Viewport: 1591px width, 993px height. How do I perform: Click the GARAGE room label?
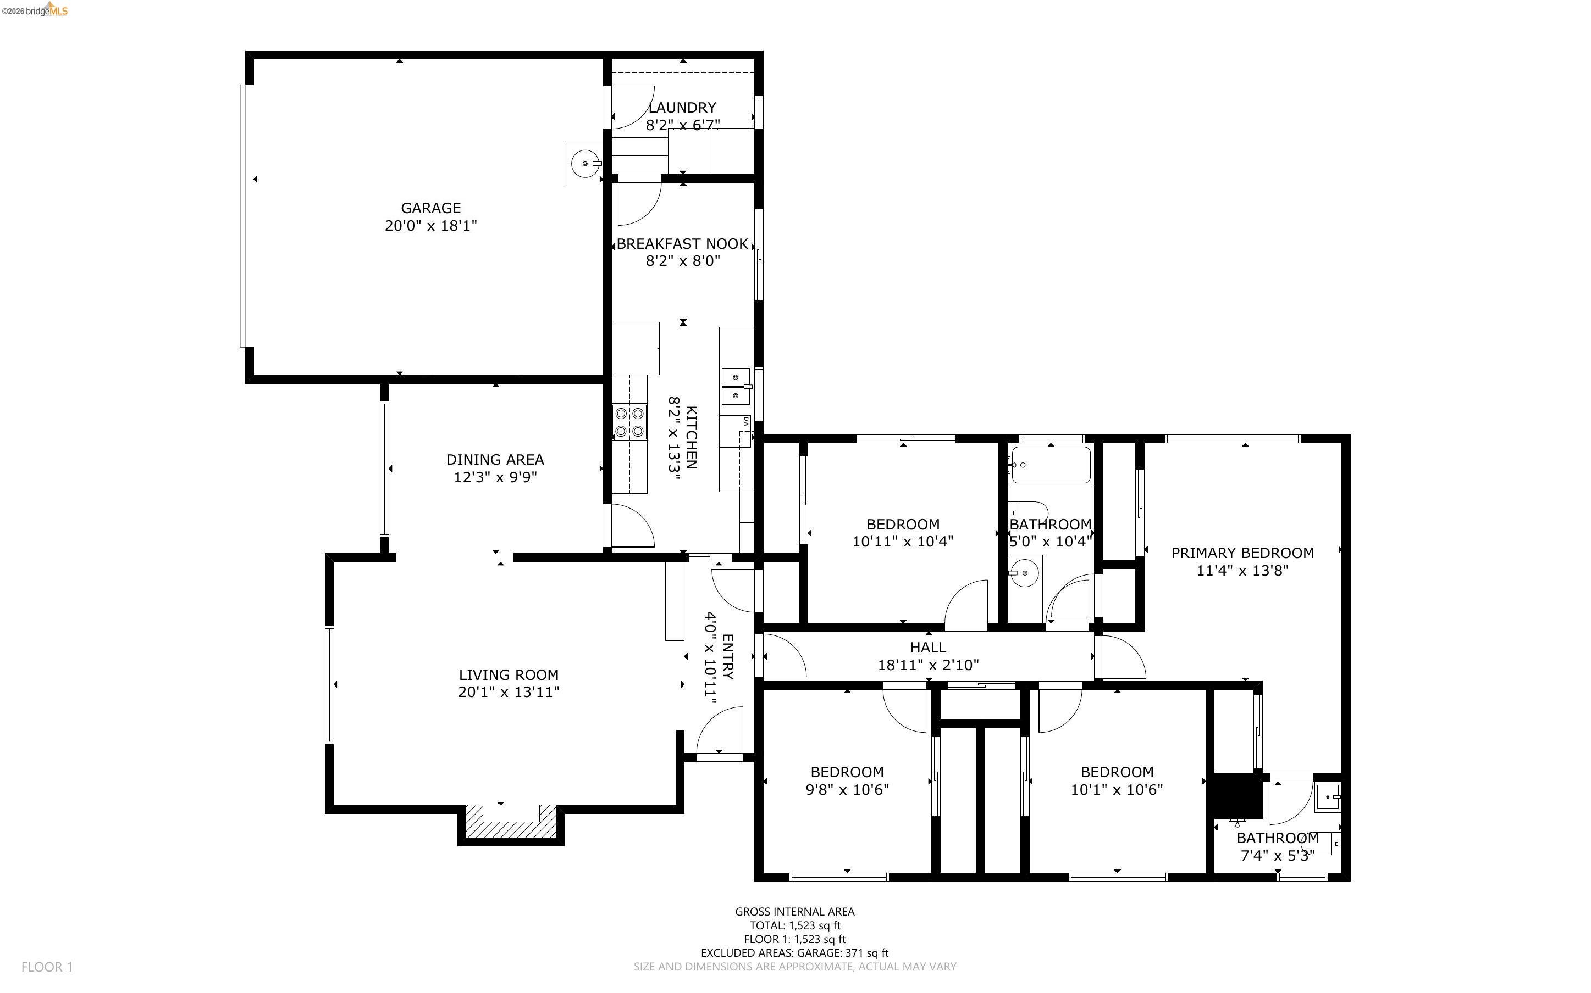click(x=430, y=208)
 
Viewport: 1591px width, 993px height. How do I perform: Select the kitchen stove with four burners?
click(x=629, y=422)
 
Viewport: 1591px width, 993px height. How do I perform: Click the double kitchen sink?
click(x=736, y=387)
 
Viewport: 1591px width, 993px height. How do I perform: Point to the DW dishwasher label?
click(x=746, y=422)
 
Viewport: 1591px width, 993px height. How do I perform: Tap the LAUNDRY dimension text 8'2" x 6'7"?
click(x=683, y=125)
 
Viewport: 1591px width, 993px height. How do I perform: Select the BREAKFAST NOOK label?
click(x=682, y=244)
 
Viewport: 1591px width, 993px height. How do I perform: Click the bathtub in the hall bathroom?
click(x=1050, y=465)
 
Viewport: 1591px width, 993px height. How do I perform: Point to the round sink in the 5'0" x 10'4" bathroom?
click(x=1024, y=573)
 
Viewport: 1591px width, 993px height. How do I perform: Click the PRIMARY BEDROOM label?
click(x=1242, y=553)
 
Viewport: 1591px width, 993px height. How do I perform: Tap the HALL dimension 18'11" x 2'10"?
click(x=928, y=665)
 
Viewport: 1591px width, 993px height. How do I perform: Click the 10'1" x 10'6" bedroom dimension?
click(x=1117, y=789)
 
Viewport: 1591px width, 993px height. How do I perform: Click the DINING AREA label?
click(x=495, y=460)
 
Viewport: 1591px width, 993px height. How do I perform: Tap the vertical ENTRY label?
click(x=727, y=657)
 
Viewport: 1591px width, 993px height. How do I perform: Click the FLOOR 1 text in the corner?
click(x=47, y=967)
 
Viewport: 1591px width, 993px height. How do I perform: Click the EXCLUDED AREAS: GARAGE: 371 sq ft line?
click(x=794, y=953)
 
